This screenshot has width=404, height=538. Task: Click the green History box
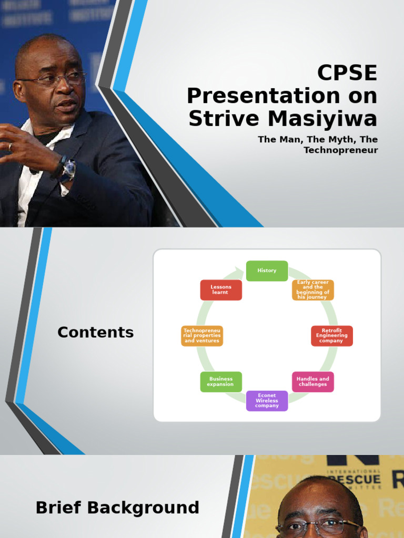point(267,271)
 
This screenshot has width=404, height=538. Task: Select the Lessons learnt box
point(221,289)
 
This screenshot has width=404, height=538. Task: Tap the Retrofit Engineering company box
point(331,336)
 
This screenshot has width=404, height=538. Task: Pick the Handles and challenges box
point(312,381)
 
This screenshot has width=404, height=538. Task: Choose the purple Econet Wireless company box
point(267,400)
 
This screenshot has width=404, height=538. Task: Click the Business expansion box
point(221,381)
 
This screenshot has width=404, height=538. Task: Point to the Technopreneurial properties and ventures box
point(201,336)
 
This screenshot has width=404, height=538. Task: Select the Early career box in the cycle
point(312,289)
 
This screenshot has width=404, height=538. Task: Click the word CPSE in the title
point(347,74)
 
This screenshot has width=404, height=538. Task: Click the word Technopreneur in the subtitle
point(341,150)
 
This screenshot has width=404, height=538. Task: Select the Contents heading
point(95,333)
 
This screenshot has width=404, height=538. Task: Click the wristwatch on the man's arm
point(68,170)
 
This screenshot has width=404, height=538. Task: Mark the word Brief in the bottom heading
point(58,508)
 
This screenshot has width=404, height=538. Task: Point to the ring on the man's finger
point(10,147)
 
